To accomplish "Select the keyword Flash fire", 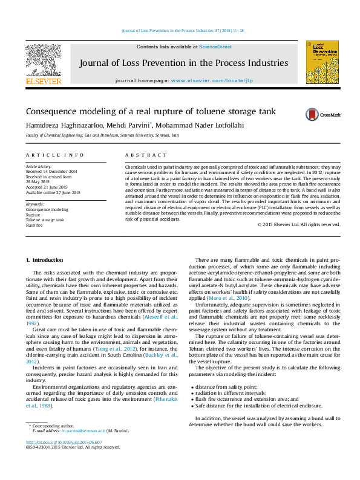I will coord(34,224).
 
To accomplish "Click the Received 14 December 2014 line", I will coord(51,170).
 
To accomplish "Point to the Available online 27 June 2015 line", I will coord(53,192).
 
